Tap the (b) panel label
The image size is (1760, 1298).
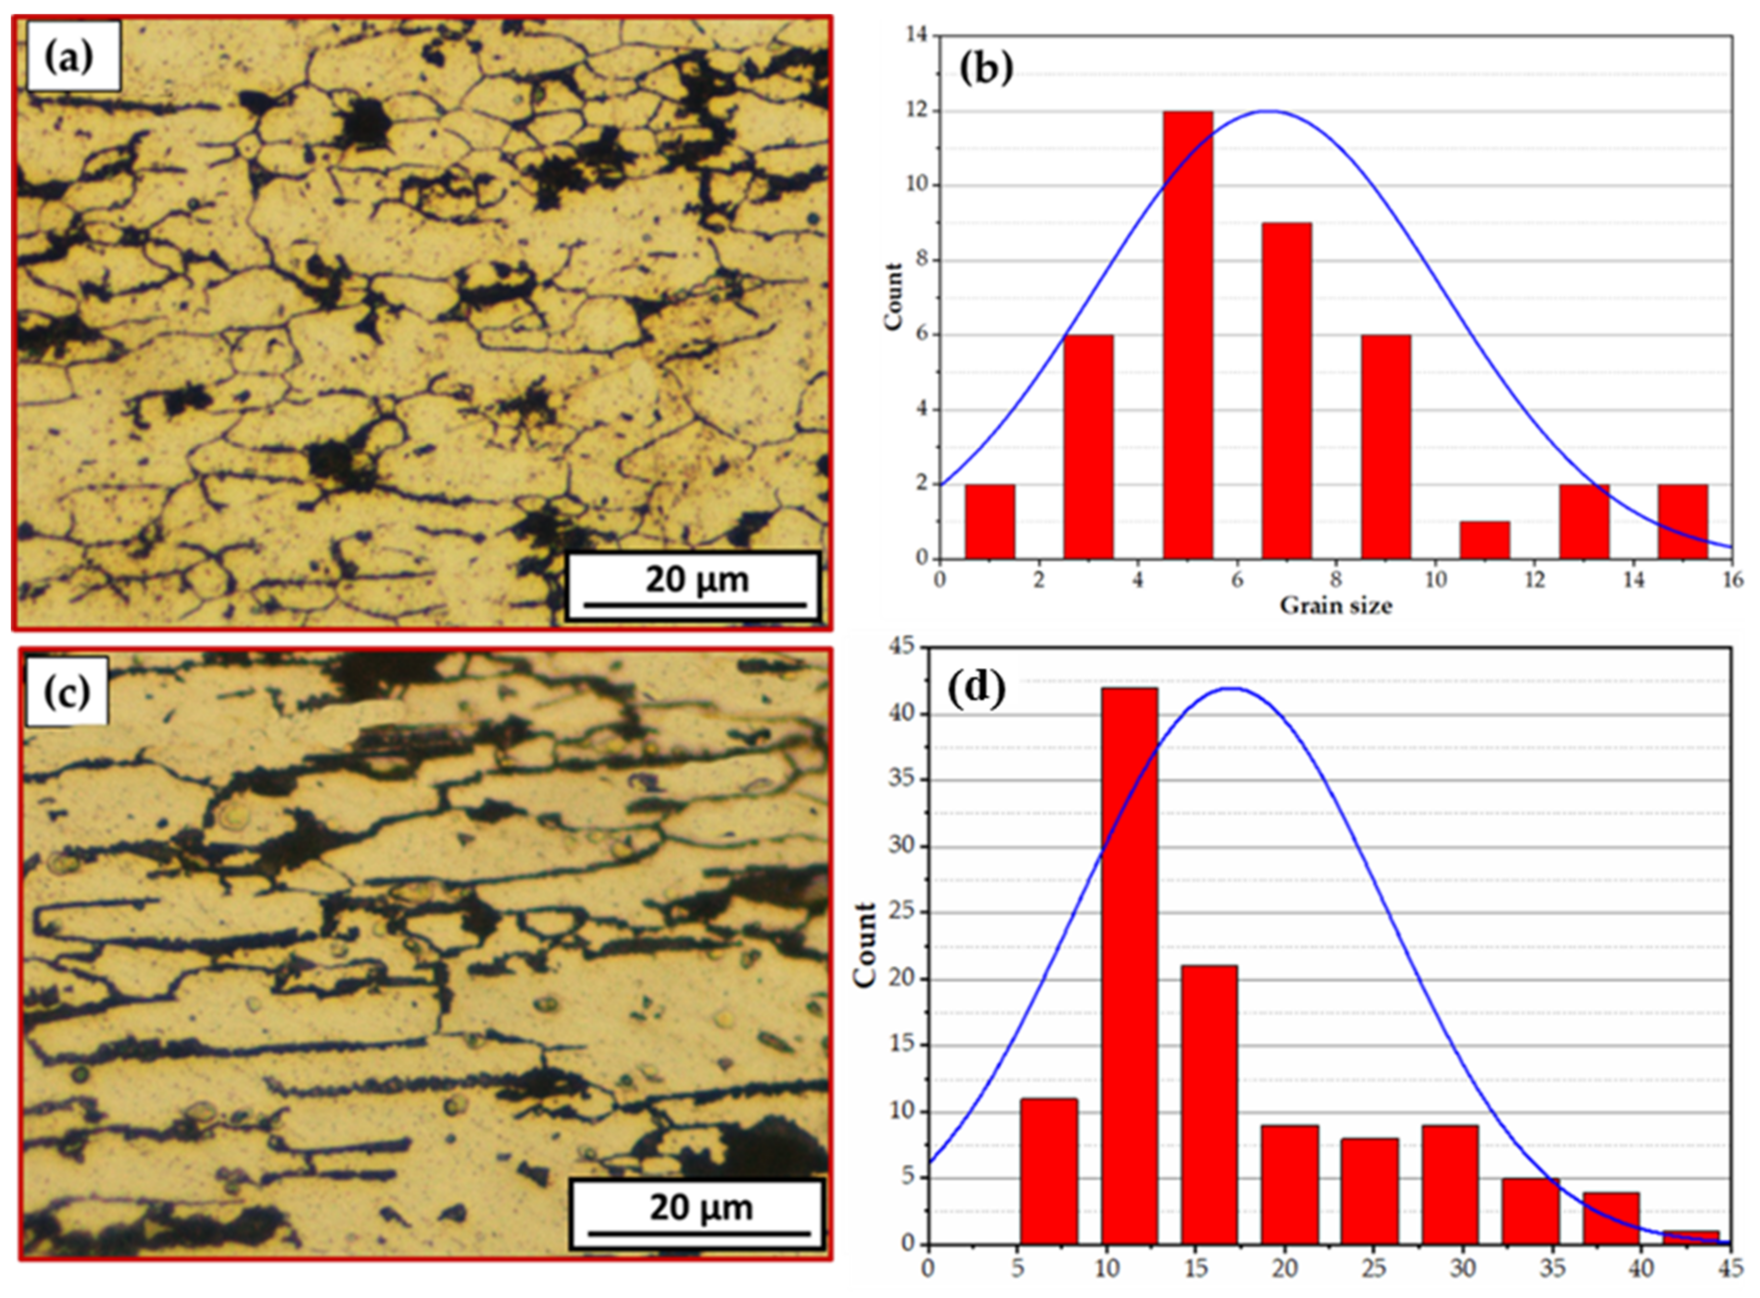[x=987, y=69]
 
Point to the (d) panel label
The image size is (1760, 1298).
[x=977, y=689]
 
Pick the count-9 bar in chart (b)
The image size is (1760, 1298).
[x=1287, y=390]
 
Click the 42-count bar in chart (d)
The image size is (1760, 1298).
[x=1129, y=966]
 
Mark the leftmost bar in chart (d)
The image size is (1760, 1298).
[x=1049, y=1171]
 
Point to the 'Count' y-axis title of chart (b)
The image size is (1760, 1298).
[x=894, y=297]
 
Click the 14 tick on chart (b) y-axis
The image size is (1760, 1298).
[x=917, y=35]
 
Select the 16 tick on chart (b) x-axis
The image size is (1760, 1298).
[x=1732, y=581]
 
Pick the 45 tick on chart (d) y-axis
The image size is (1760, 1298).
[x=905, y=647]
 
